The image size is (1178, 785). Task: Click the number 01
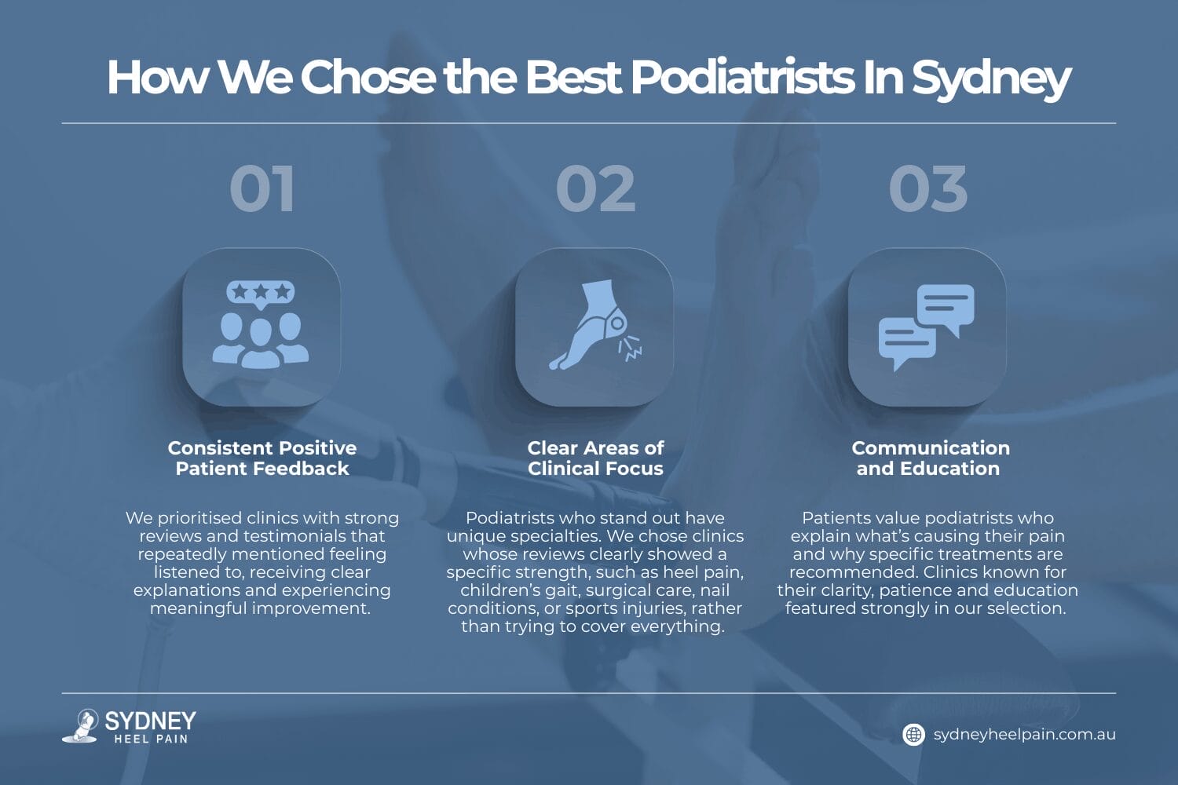pyautogui.click(x=262, y=189)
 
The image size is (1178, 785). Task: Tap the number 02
pyautogui.click(x=595, y=189)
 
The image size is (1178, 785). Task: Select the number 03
pyautogui.click(x=927, y=189)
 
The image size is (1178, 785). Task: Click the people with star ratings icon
pyautogui.click(x=261, y=327)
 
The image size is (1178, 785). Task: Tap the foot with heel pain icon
pyautogui.click(x=594, y=326)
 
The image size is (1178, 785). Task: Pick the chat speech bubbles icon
pyautogui.click(x=927, y=327)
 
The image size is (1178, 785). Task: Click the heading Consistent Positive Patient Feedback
pyautogui.click(x=262, y=458)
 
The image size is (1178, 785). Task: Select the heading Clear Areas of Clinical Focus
pyautogui.click(x=595, y=458)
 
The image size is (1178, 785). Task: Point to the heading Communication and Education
pyautogui.click(x=930, y=458)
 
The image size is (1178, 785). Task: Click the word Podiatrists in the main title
pyautogui.click(x=742, y=78)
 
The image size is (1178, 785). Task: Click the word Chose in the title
pyautogui.click(x=368, y=78)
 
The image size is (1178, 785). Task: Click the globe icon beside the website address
pyautogui.click(x=913, y=735)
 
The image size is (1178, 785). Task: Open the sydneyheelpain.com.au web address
pyautogui.click(x=1024, y=735)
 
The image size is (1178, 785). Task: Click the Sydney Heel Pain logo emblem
pyautogui.click(x=81, y=725)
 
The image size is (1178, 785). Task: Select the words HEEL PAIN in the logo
pyautogui.click(x=151, y=739)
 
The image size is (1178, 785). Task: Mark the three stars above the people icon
pyautogui.click(x=261, y=292)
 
